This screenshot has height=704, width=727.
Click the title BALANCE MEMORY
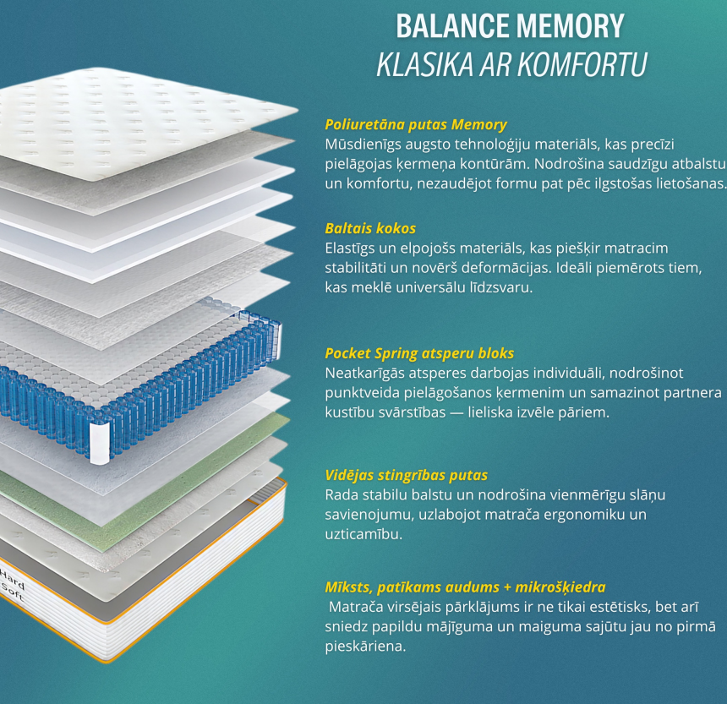[x=510, y=26]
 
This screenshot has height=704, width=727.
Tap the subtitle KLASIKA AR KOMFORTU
[x=511, y=64]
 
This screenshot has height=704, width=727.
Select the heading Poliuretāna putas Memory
[x=416, y=125]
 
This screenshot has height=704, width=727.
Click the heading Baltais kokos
[x=370, y=228]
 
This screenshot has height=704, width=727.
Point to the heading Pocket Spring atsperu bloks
[x=419, y=353]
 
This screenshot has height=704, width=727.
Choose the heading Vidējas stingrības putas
[x=406, y=476]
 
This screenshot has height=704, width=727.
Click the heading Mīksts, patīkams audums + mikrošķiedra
[x=465, y=587]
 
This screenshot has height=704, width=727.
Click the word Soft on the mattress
[x=13, y=592]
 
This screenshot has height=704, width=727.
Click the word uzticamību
[x=363, y=534]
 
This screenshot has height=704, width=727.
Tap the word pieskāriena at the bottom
[x=365, y=647]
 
